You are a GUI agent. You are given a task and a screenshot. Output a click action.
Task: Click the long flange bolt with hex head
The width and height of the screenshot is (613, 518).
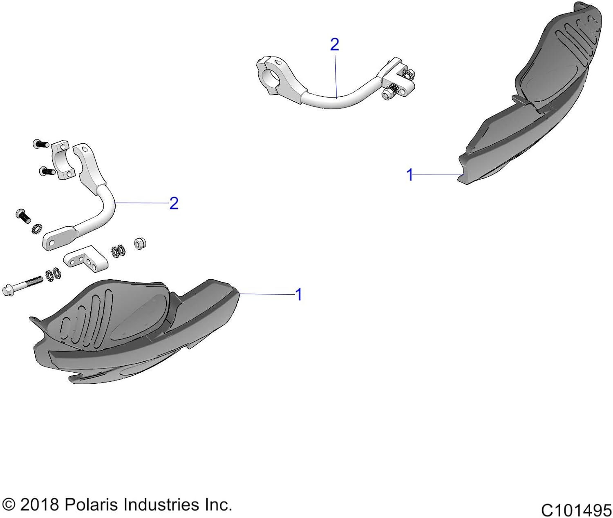click(22, 285)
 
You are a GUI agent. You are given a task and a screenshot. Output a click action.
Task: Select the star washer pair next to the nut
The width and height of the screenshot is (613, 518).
click(118, 251)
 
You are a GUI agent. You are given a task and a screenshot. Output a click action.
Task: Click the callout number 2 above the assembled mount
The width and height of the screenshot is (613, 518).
click(335, 45)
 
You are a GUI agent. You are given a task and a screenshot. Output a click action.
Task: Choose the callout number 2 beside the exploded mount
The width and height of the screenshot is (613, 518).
click(174, 203)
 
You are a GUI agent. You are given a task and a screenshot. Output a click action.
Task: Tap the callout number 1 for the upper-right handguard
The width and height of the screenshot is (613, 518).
click(410, 175)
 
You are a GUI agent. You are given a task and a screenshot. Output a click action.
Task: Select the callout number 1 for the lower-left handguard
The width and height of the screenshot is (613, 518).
click(299, 294)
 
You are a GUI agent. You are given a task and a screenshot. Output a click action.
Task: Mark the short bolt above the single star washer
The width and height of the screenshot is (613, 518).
click(23, 216)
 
